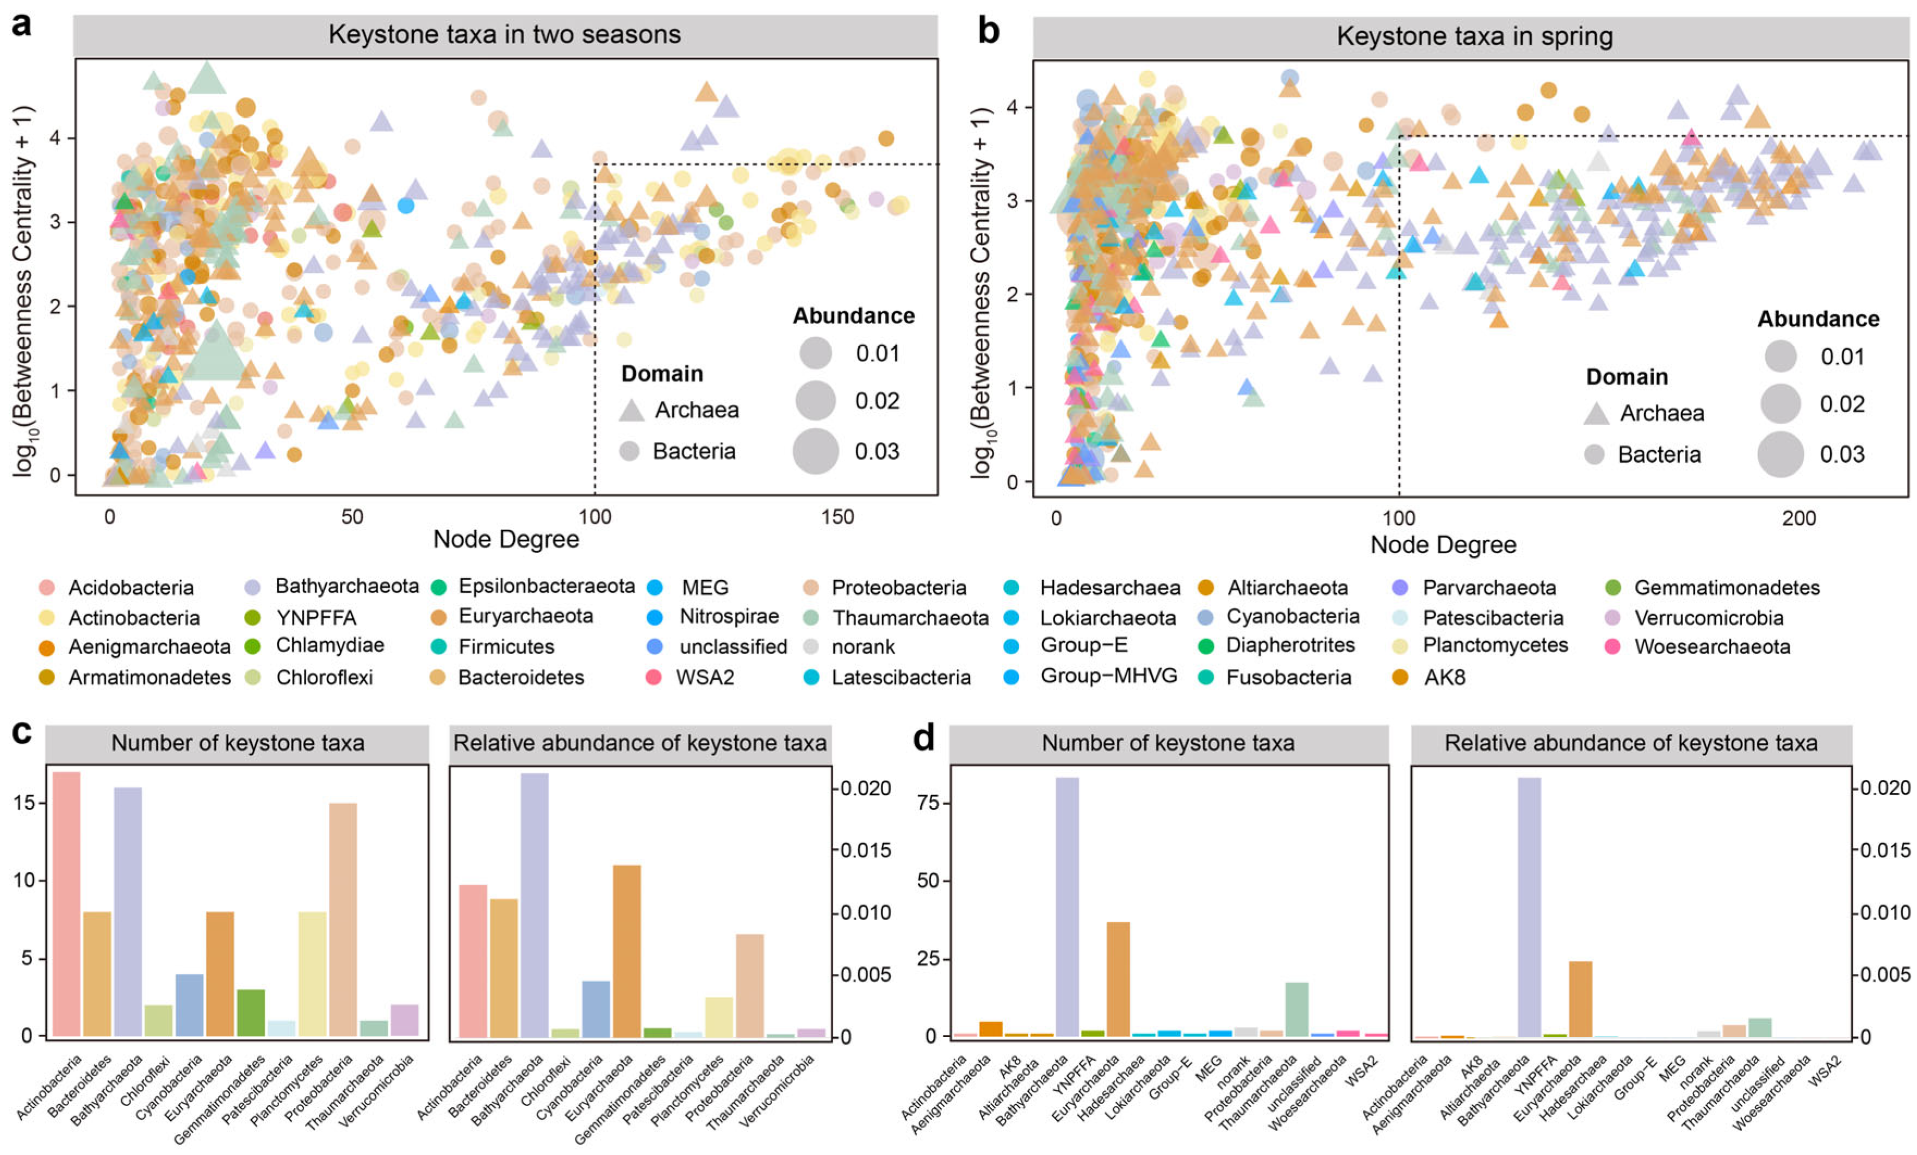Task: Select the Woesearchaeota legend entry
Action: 1711,647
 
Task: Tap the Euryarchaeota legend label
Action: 525,616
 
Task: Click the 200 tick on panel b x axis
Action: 1799,519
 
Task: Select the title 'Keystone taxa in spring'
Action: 1474,36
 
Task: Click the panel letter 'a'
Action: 21,25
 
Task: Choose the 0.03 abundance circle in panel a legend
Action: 815,451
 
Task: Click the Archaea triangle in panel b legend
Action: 1597,414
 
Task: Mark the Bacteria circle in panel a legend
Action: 629,451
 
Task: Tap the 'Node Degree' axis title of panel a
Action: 506,539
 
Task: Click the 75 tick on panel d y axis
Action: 930,803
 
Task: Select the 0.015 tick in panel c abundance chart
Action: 866,850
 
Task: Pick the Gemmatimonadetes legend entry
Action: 1727,587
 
